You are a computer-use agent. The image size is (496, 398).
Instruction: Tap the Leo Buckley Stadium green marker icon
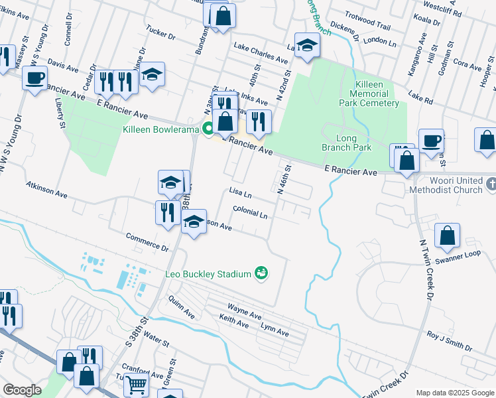[262, 273]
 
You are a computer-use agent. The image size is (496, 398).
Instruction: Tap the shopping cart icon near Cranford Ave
[136, 383]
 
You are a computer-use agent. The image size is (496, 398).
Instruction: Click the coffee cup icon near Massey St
[34, 78]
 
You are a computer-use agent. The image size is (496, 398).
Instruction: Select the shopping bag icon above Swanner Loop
[448, 235]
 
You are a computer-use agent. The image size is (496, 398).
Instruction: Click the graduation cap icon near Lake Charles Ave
[308, 45]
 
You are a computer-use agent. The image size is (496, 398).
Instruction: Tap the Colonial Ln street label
[251, 214]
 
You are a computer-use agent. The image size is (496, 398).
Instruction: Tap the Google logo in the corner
[23, 390]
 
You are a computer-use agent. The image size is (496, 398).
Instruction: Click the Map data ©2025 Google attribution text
[454, 393]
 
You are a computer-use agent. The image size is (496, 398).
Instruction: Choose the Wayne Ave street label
[244, 308]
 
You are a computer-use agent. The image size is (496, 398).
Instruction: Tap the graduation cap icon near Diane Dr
[152, 74]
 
